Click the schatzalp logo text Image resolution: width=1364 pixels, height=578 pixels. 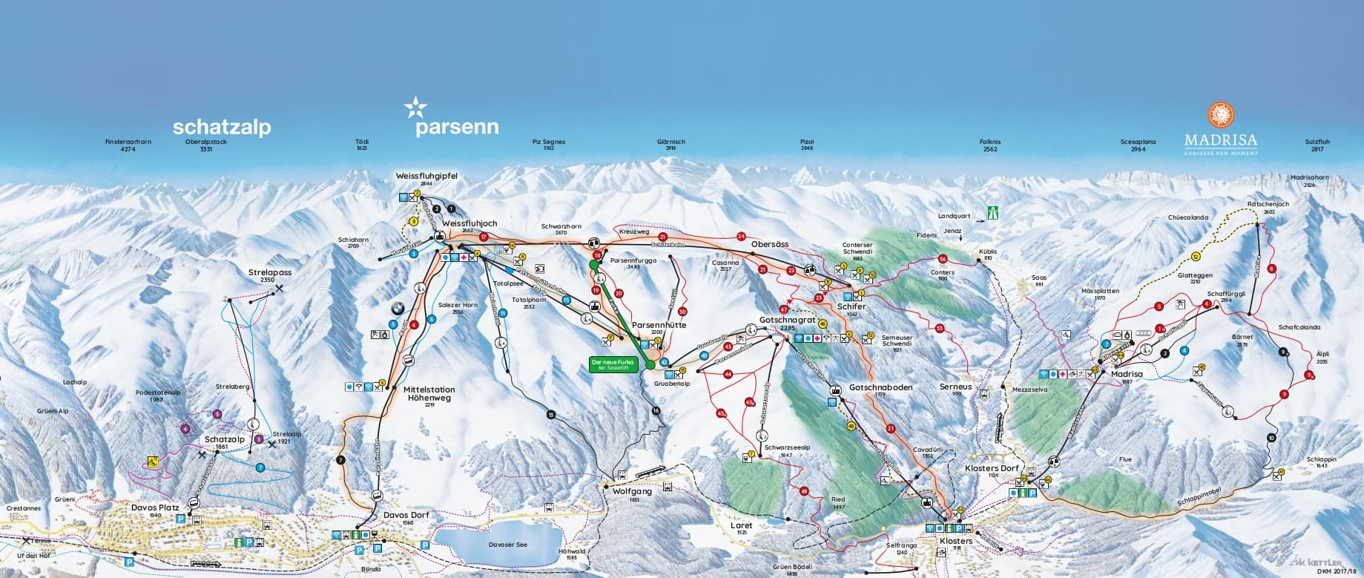pyautogui.click(x=221, y=127)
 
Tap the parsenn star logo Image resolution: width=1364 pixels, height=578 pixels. pyautogui.click(x=415, y=109)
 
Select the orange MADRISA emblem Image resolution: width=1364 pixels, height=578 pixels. pyautogui.click(x=1220, y=115)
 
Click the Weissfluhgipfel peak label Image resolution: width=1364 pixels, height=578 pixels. pyautogui.click(x=426, y=176)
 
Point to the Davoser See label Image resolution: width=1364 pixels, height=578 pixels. pyautogui.click(x=508, y=545)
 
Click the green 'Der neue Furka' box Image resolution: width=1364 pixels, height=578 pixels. pyautogui.click(x=613, y=364)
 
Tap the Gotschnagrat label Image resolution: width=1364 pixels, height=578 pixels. pyautogui.click(x=777, y=321)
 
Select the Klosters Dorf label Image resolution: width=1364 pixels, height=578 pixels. pyautogui.click(x=992, y=469)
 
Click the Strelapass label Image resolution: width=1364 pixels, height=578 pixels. pyautogui.click(x=270, y=272)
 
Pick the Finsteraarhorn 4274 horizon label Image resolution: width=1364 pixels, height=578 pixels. pyautogui.click(x=128, y=145)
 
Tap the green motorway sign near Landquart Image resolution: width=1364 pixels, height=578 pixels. pyautogui.click(x=992, y=212)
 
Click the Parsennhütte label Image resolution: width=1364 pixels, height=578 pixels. pyautogui.click(x=659, y=325)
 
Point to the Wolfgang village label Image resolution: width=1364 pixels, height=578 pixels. pyautogui.click(x=632, y=491)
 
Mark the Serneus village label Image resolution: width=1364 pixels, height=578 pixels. pyautogui.click(x=955, y=387)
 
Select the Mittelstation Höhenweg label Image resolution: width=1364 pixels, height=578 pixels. pyautogui.click(x=429, y=393)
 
